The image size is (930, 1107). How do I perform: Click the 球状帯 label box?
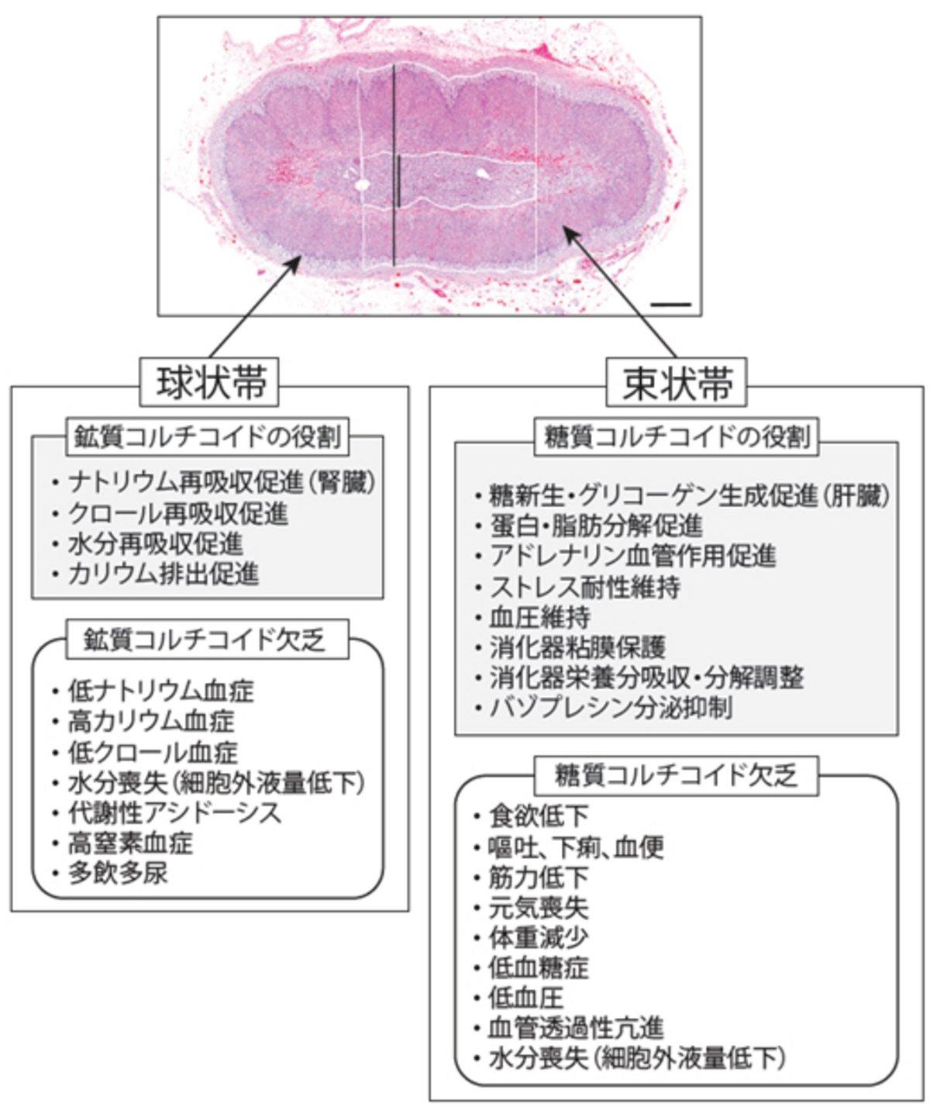(209, 382)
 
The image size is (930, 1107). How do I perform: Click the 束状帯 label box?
(676, 382)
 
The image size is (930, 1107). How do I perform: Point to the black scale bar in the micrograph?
(670, 305)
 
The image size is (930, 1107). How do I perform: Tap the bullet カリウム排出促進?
(164, 574)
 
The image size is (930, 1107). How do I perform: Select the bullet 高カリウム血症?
(152, 722)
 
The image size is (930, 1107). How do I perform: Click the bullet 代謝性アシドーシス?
(175, 813)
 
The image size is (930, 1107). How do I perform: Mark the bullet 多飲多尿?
(118, 874)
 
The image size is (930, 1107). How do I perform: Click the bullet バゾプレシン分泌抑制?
(611, 708)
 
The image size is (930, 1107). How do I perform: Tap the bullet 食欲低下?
(539, 816)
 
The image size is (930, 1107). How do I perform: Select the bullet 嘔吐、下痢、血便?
(577, 847)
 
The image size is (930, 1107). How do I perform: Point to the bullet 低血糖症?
(539, 967)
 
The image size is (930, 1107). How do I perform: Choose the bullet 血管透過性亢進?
(577, 1028)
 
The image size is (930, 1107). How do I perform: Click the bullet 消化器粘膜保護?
(577, 647)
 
